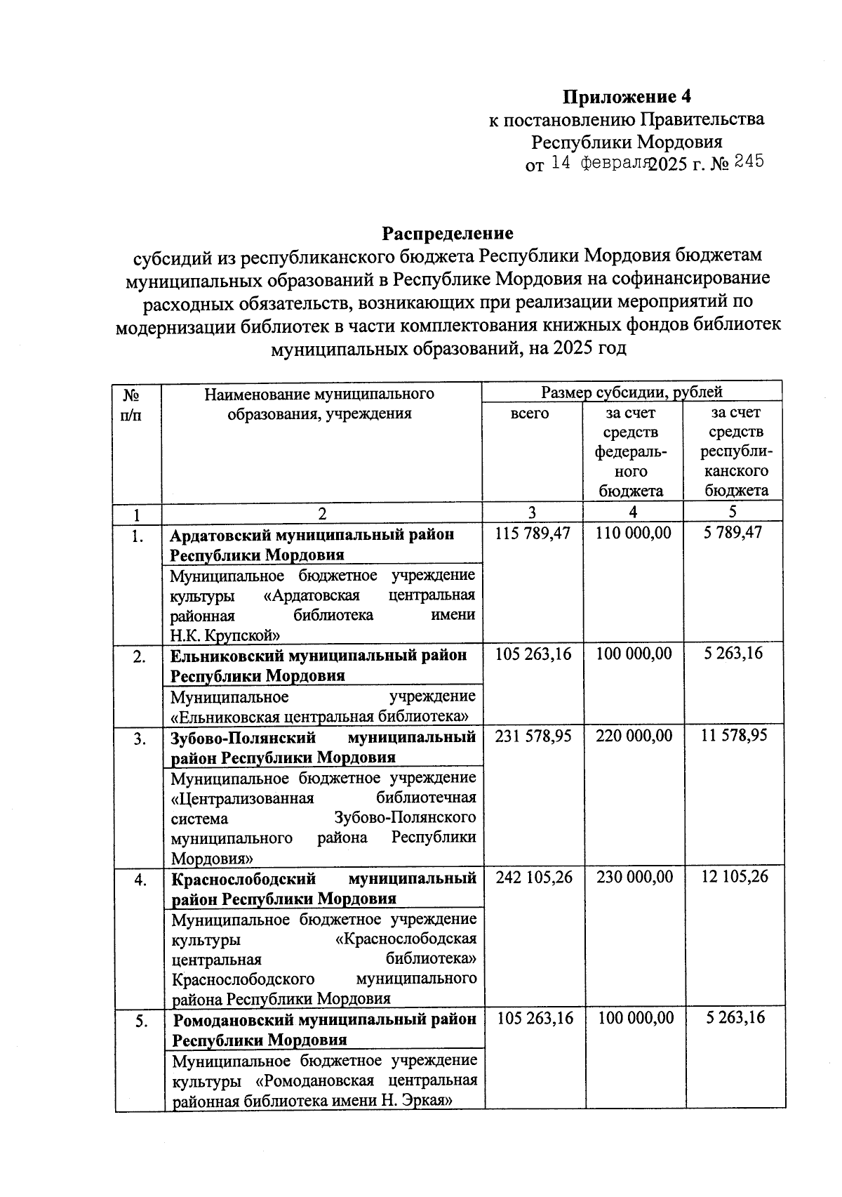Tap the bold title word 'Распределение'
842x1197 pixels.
pos(447,232)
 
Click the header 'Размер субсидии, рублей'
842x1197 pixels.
pos(631,392)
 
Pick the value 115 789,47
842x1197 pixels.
pos(533,534)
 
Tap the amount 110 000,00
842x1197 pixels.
pos(633,534)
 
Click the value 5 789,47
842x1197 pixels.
pos(733,534)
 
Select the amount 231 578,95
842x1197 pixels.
pos(533,736)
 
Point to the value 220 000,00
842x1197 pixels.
pos(633,736)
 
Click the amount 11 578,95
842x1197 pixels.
pos(734,736)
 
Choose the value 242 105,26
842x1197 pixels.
pos(533,877)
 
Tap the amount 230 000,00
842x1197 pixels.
pos(633,877)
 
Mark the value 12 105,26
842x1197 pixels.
pos(734,877)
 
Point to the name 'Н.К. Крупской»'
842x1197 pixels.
pos(226,636)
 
